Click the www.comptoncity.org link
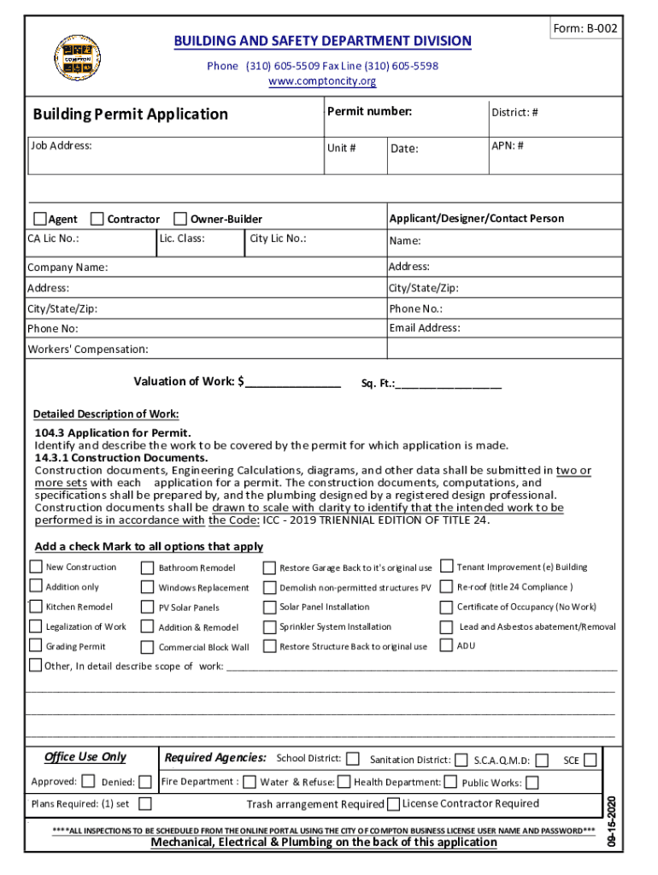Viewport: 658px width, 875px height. click(322, 81)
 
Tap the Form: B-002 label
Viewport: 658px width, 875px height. click(585, 29)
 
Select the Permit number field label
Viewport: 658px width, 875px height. click(369, 112)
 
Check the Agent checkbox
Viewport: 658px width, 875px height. click(40, 219)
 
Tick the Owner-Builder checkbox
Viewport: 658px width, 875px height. click(180, 219)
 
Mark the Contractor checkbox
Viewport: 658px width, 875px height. click(97, 219)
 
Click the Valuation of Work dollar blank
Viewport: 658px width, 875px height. click(292, 382)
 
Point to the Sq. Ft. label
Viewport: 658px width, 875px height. click(377, 385)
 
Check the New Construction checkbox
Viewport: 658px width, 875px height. click(36, 567)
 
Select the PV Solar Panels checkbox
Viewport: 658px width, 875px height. click(148, 608)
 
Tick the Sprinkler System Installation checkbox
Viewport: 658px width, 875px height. click(269, 627)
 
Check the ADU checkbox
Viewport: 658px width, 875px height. click(446, 645)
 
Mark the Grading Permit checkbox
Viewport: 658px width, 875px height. click(36, 646)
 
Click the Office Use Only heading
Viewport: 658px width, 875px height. click(85, 757)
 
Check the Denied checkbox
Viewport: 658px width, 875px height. click(145, 782)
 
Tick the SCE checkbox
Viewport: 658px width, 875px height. click(590, 760)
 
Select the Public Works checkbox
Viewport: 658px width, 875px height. click(532, 783)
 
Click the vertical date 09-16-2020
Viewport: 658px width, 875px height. click(612, 819)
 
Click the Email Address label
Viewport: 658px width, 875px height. click(424, 328)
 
